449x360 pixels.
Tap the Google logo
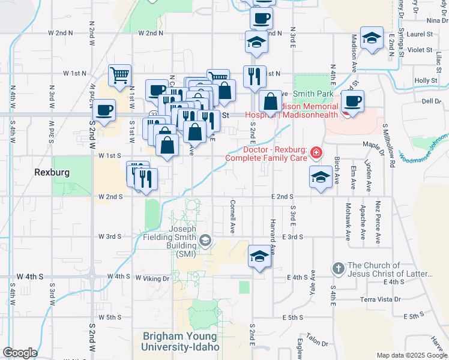pos(20,353)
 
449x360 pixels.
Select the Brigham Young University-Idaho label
pos(181,341)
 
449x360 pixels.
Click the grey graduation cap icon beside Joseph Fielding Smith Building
pos(205,241)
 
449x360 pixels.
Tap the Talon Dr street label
pos(316,340)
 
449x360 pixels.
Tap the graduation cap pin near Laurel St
pos(372,38)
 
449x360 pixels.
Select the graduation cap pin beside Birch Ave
pos(321,176)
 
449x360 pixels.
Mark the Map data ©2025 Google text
pos(412,355)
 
